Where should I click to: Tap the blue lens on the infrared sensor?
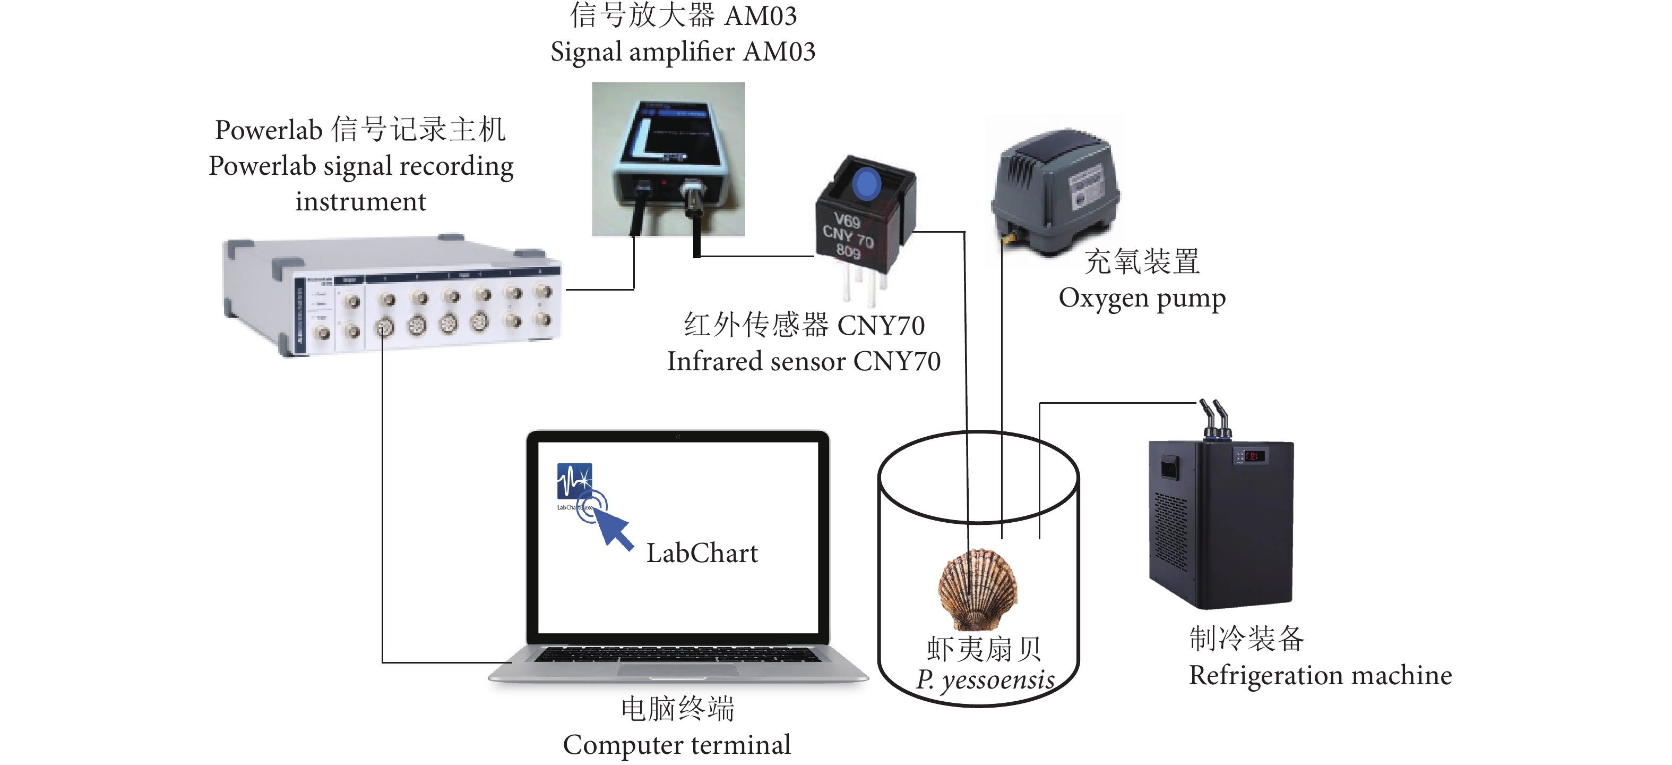click(x=866, y=184)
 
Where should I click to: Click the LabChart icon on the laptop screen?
click(x=574, y=481)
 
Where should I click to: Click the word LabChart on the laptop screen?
click(x=702, y=553)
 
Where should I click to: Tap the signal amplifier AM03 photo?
click(x=668, y=159)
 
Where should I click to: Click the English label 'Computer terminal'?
click(x=676, y=745)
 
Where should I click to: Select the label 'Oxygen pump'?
click(x=1142, y=298)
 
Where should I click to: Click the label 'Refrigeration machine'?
click(x=1320, y=675)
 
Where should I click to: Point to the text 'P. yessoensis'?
click(x=985, y=680)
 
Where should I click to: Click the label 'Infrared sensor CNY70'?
click(x=804, y=362)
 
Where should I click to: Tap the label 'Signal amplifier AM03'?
click(x=683, y=52)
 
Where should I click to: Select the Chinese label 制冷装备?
click(x=1246, y=639)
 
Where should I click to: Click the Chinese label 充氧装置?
click(x=1142, y=262)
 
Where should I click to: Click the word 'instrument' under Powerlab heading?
click(x=361, y=202)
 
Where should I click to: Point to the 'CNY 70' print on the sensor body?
click(x=848, y=236)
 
